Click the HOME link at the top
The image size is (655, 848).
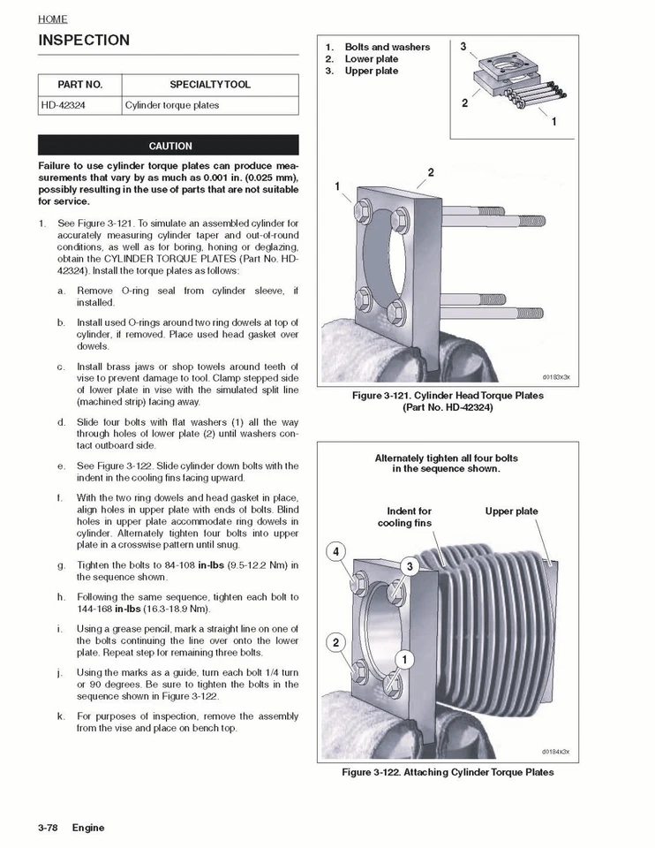pyautogui.click(x=52, y=19)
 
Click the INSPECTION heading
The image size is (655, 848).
pyautogui.click(x=84, y=41)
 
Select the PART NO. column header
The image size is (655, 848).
pyautogui.click(x=80, y=85)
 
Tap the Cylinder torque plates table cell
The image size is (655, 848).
pyautogui.click(x=172, y=105)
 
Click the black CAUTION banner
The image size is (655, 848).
pyautogui.click(x=169, y=146)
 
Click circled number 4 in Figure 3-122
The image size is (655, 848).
pyautogui.click(x=335, y=552)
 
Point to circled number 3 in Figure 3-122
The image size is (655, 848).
pyautogui.click(x=410, y=565)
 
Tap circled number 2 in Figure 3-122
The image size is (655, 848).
pyautogui.click(x=335, y=642)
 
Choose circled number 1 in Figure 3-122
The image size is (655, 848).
pyautogui.click(x=405, y=659)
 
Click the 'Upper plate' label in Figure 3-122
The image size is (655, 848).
pyautogui.click(x=511, y=511)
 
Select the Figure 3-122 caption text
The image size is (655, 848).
pyautogui.click(x=448, y=772)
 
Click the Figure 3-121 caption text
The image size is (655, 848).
pyautogui.click(x=448, y=402)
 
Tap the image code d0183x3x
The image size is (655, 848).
pyautogui.click(x=555, y=376)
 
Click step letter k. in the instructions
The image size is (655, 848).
pyautogui.click(x=61, y=716)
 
